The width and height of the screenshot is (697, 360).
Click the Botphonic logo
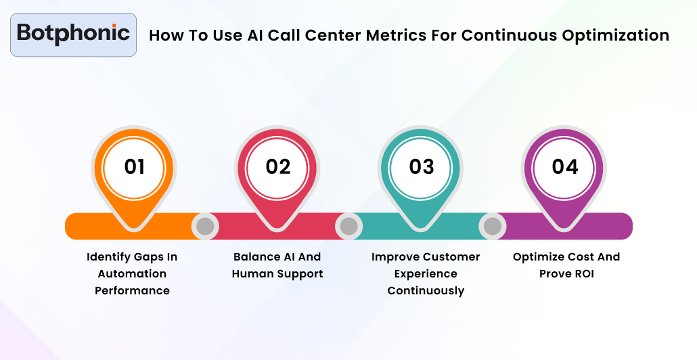coord(73,34)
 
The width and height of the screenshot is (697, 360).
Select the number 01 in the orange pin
coord(134,166)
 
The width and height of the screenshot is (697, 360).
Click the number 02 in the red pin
coord(277,166)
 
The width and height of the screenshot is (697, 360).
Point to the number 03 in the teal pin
coord(421,166)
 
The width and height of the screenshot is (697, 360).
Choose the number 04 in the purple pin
coord(565,166)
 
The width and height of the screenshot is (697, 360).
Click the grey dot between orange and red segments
coord(205,226)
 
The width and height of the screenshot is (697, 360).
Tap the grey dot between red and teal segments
coord(348,226)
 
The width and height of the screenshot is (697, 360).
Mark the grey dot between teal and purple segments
coord(493,226)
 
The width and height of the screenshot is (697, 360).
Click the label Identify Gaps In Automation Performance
coord(132,273)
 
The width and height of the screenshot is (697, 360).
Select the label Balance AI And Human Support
coord(277,265)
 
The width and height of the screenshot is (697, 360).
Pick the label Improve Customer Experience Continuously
coord(426,273)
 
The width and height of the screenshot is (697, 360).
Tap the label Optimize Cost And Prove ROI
coord(566,265)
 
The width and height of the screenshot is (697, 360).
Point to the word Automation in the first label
coord(132,274)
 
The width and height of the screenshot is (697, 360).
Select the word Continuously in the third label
coord(426,291)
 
